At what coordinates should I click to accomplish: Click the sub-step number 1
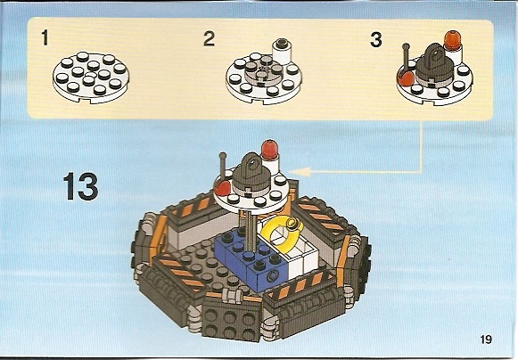(x=45, y=37)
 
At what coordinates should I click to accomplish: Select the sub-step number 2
(x=210, y=38)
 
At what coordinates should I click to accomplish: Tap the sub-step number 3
(x=376, y=40)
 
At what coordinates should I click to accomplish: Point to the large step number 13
(x=81, y=186)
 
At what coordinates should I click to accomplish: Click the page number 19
(x=486, y=340)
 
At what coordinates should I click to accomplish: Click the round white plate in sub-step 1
(x=91, y=78)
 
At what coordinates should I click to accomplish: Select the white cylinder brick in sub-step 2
(x=284, y=51)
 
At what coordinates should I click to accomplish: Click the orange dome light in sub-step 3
(x=452, y=40)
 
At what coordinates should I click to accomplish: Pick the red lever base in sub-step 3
(x=406, y=78)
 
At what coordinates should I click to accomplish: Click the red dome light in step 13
(x=269, y=150)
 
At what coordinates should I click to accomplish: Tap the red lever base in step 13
(x=223, y=188)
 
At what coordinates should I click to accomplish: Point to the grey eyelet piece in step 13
(x=251, y=173)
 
